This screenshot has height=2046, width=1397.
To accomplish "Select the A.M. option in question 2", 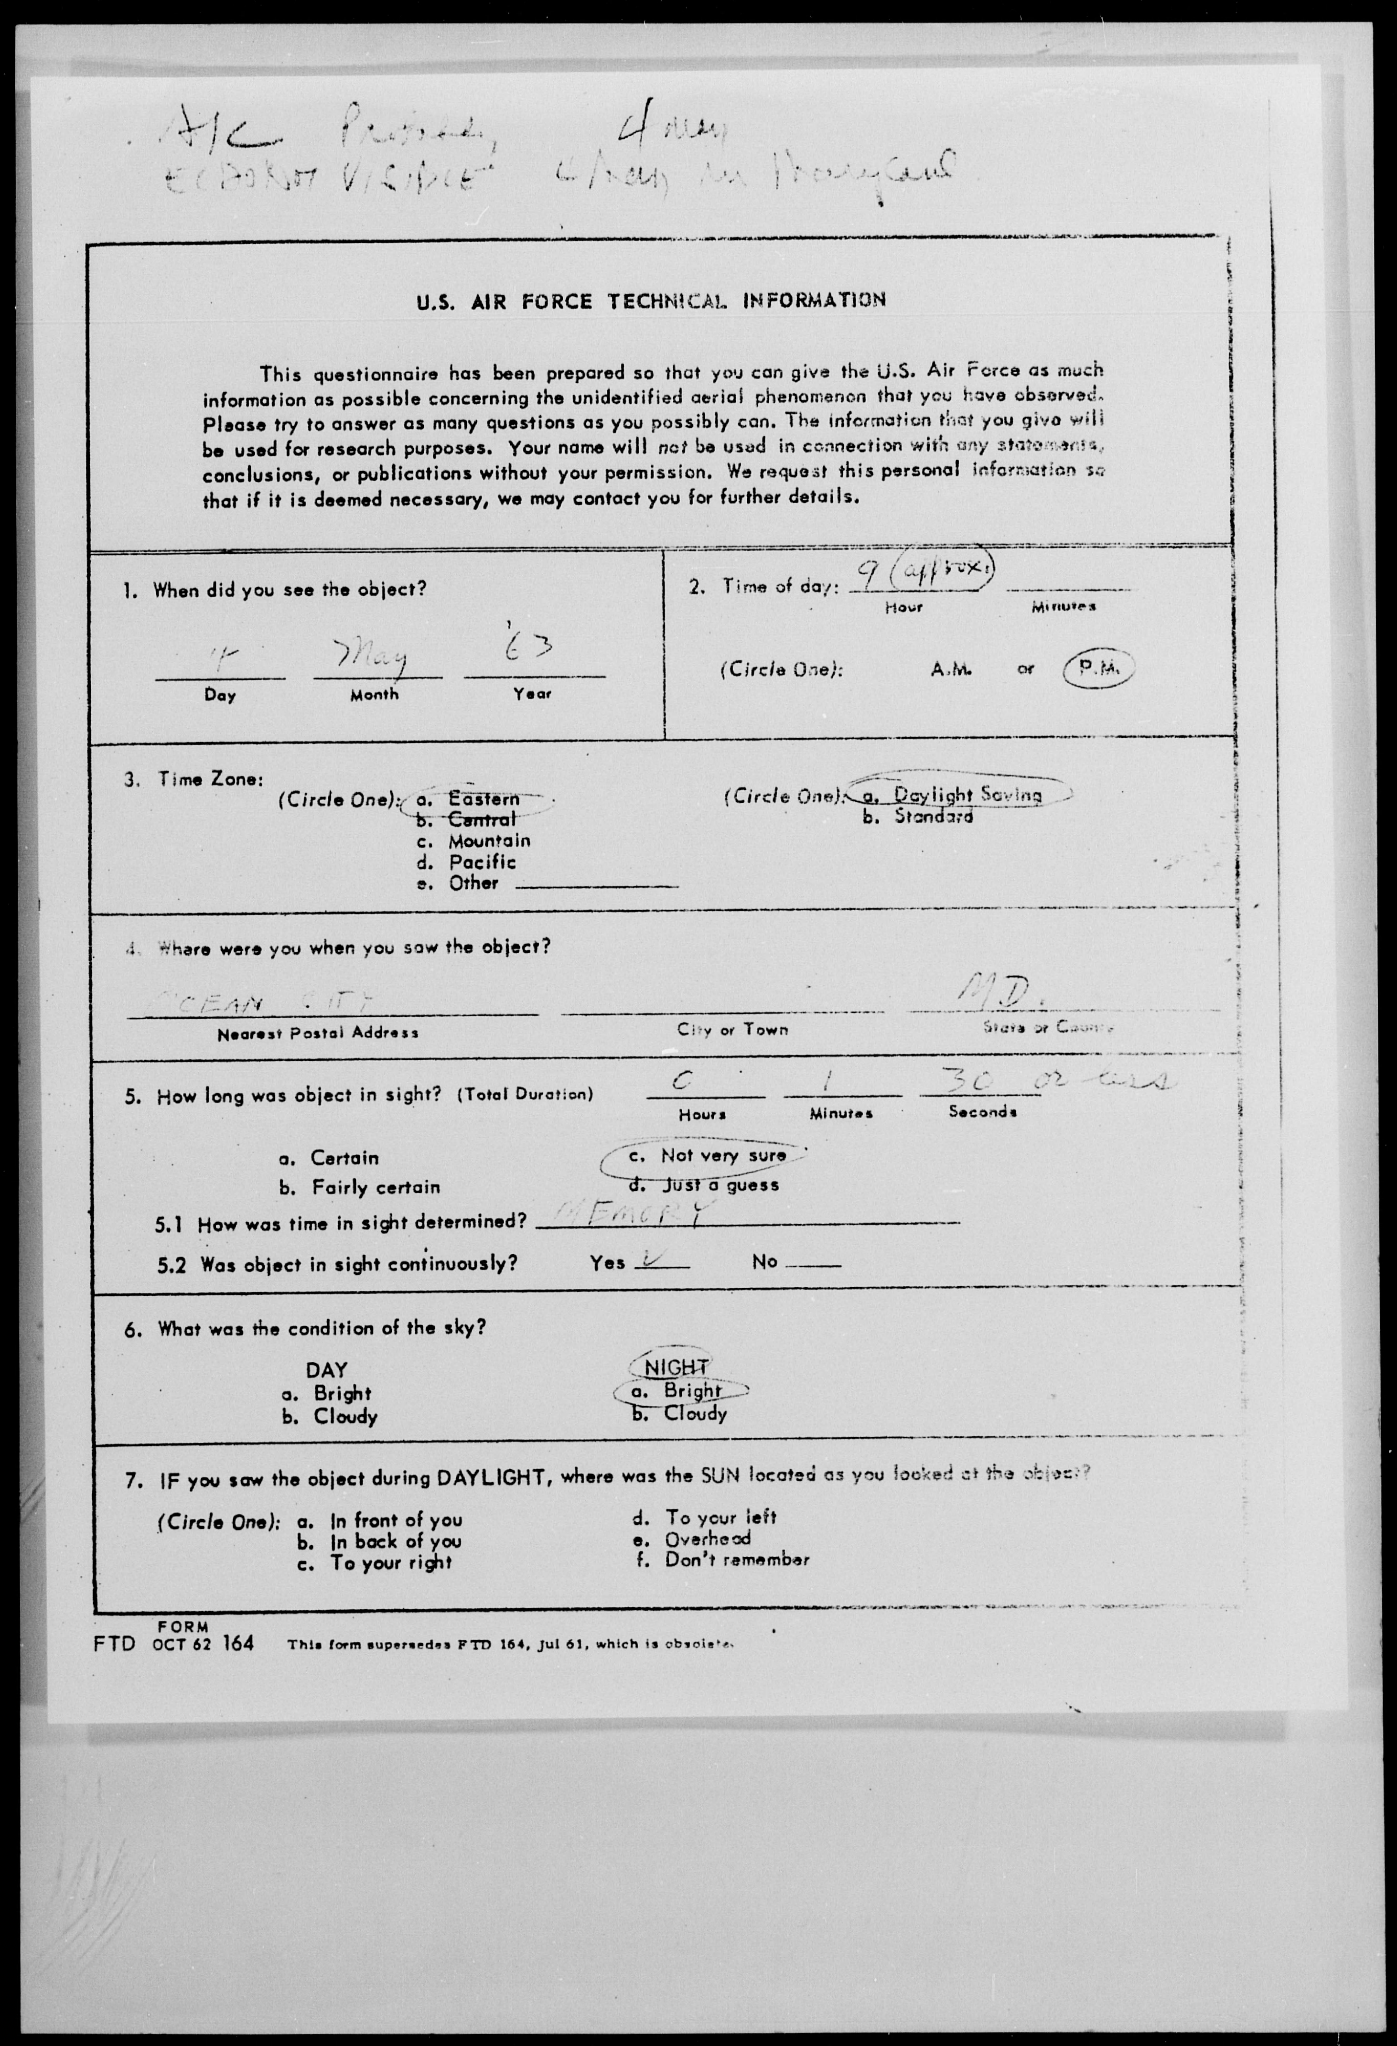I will (951, 669).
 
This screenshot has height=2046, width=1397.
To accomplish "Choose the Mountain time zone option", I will (489, 841).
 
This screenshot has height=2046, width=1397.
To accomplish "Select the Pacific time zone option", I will (482, 862).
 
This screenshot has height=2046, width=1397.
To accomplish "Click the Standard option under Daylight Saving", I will (933, 816).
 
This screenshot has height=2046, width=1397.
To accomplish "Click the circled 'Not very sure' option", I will (722, 1155).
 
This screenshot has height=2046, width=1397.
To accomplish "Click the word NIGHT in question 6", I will (676, 1367).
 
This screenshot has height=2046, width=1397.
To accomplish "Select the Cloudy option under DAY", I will (345, 1417).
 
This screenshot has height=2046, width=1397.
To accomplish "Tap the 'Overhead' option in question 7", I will (707, 1538).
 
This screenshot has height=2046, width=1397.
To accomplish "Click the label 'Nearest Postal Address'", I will (318, 1033).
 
